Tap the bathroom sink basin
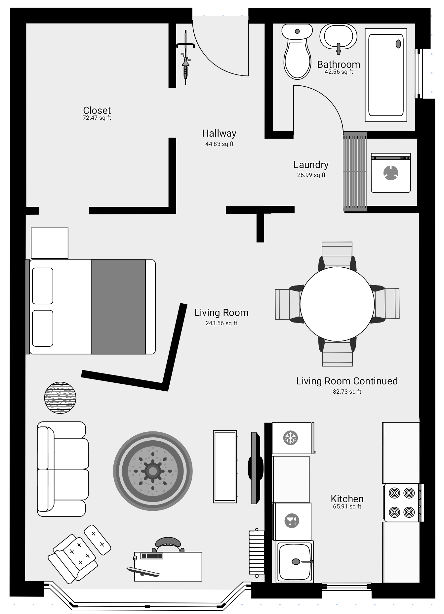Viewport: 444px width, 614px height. coord(338,37)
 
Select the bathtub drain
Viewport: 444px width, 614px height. coord(398,44)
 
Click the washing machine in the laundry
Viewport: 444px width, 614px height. coord(391,173)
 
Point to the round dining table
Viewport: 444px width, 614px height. coord(337,304)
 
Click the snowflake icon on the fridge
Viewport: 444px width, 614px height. coord(291,438)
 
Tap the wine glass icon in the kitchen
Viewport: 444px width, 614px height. coord(292,521)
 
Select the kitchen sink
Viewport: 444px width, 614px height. coord(295,561)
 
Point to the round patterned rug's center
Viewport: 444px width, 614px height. coord(152,471)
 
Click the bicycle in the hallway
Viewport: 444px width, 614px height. coord(186,58)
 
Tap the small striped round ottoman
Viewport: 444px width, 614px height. coord(60,398)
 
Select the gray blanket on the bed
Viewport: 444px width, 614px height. coord(118,307)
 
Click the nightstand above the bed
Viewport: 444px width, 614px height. coord(50,243)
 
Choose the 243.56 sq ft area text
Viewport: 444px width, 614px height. coord(222,323)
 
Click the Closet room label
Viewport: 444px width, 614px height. coord(97,110)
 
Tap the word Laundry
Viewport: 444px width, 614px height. coord(311,165)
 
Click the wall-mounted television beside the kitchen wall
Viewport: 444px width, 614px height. coord(256,468)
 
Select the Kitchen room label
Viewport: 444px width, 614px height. coord(347,499)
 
